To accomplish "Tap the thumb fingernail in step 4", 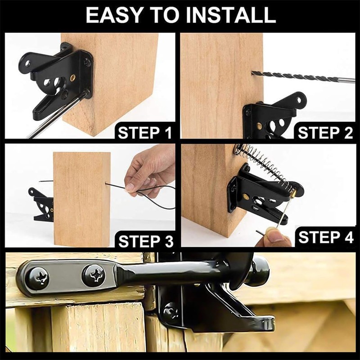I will tap(273, 235).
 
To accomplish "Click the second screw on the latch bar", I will tap(94, 275).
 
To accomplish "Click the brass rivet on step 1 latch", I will tap(72, 78).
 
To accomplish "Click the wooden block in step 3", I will tap(81, 198).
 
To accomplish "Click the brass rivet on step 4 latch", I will tap(246, 197).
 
